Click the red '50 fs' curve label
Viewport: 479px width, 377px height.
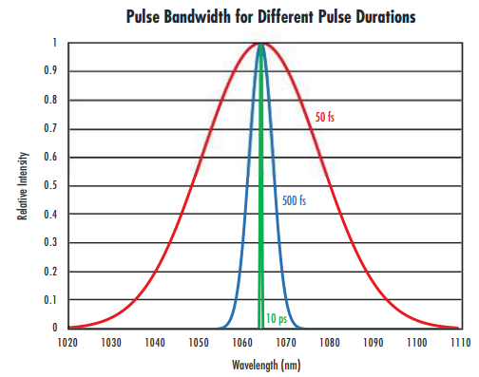[x=325, y=119]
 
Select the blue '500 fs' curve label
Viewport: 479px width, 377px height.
[x=294, y=200]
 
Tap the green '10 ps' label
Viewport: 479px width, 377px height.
[x=276, y=318]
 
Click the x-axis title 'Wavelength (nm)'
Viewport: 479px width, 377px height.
[x=266, y=365]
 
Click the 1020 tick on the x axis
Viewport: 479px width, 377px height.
[x=67, y=343]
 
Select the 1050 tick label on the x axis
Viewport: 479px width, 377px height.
[x=197, y=343]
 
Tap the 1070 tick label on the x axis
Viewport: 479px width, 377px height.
[x=285, y=343]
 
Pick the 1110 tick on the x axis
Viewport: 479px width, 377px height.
[x=460, y=343]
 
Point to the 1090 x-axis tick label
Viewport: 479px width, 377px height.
[x=373, y=343]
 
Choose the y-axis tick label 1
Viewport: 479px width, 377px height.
[x=54, y=43]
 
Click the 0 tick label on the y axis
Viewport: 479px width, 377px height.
[x=54, y=328]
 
